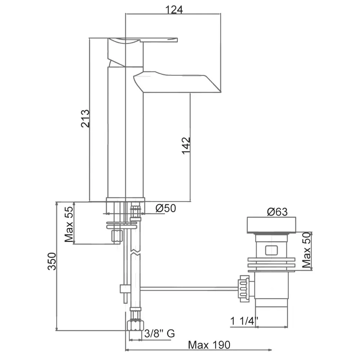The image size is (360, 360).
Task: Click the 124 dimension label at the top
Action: click(x=175, y=10)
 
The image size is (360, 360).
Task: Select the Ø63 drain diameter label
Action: click(x=277, y=212)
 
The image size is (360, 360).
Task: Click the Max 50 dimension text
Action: click(x=306, y=250)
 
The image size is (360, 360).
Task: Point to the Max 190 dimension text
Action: click(x=209, y=345)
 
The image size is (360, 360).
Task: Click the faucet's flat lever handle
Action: click(x=158, y=40)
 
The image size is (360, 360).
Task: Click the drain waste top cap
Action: click(x=272, y=225)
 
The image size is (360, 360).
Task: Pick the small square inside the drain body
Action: click(x=271, y=250)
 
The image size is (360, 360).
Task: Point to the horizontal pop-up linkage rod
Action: click(x=187, y=288)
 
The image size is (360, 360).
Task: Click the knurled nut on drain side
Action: click(x=243, y=288)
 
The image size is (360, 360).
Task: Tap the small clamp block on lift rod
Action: click(x=125, y=289)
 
